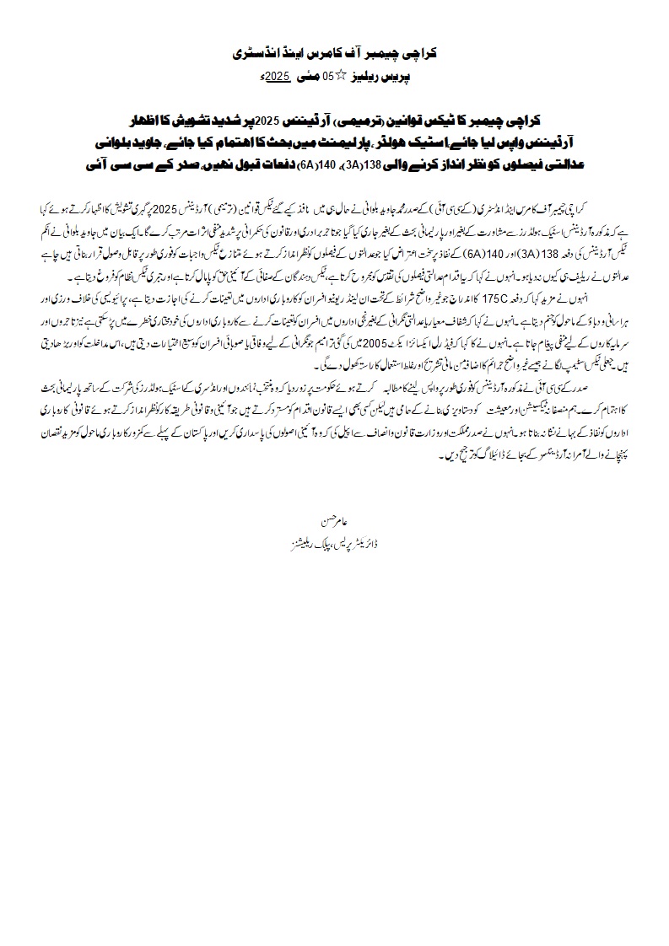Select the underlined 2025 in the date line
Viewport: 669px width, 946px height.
click(278, 77)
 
